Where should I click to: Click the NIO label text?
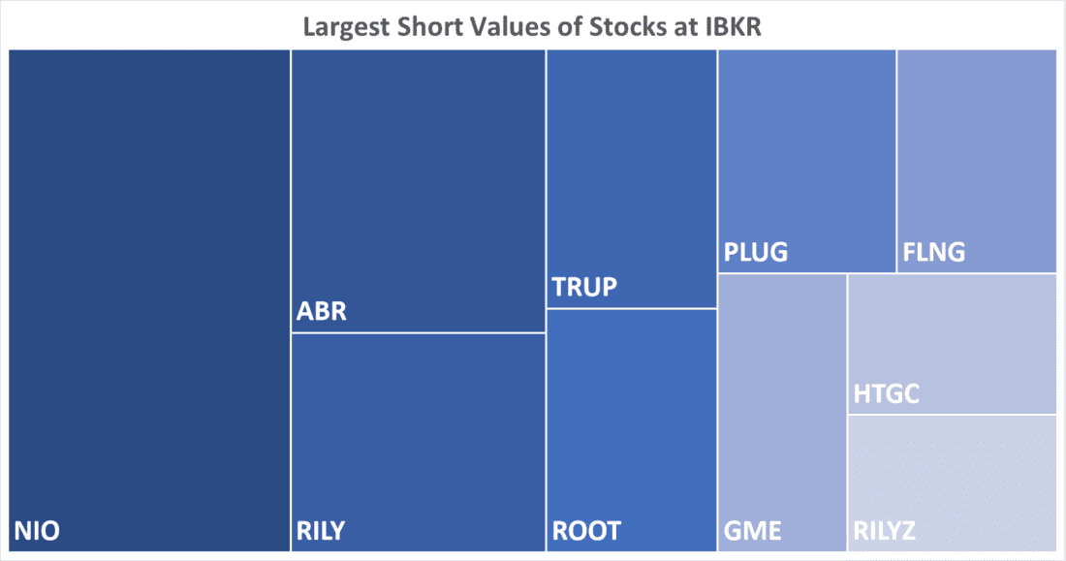coord(36,531)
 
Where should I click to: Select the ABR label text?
coord(321,313)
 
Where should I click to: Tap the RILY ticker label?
coord(321,531)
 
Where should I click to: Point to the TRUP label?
coord(584,288)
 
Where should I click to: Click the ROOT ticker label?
coord(586,531)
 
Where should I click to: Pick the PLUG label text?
coord(756,253)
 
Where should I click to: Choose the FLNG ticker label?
coord(934,253)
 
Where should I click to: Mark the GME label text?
coord(752,531)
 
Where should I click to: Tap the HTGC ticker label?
coord(887,394)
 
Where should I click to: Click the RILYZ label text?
coord(885,531)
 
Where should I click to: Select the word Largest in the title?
coord(347,25)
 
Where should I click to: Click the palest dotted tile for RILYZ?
coord(952,475)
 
